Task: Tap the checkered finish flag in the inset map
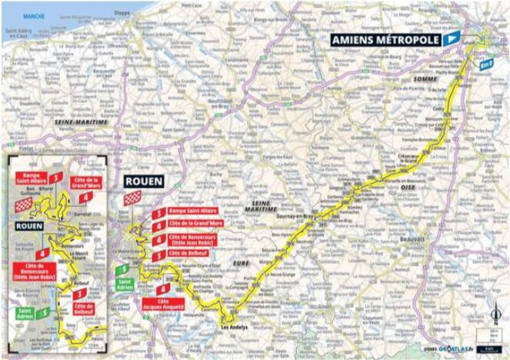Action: coord(25,205)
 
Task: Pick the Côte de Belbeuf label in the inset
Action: coord(85,309)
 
